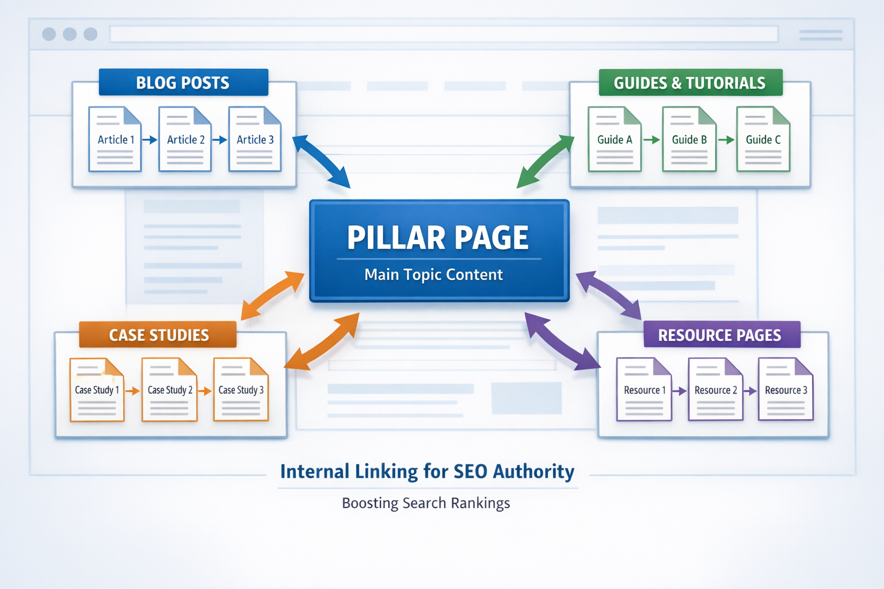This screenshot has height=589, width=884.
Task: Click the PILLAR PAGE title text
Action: tap(437, 238)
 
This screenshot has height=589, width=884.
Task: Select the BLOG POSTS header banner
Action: tap(183, 83)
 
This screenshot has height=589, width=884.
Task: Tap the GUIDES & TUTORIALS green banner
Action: tap(689, 83)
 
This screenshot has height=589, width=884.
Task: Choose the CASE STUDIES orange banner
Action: tap(158, 335)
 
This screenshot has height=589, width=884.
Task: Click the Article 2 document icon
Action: tap(185, 139)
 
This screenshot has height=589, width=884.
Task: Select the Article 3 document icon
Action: tap(255, 139)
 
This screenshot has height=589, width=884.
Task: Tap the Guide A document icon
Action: tap(614, 139)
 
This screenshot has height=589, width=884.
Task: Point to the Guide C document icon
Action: tap(763, 139)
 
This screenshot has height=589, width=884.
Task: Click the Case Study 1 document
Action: tap(97, 389)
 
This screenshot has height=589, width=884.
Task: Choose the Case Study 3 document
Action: tap(241, 389)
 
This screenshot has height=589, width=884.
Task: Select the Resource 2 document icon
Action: tap(715, 389)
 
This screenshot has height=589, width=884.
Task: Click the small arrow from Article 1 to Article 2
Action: tap(150, 140)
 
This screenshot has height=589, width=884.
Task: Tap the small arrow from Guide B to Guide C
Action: tap(726, 140)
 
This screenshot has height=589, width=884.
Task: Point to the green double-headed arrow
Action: tap(544, 162)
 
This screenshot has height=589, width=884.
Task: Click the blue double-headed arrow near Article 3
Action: tap(321, 162)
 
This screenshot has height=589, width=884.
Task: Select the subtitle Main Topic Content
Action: tap(433, 275)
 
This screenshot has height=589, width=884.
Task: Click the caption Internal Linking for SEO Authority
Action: tap(427, 472)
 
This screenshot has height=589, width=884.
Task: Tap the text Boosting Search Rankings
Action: tap(426, 503)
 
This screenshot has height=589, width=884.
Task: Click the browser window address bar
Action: tap(443, 34)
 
